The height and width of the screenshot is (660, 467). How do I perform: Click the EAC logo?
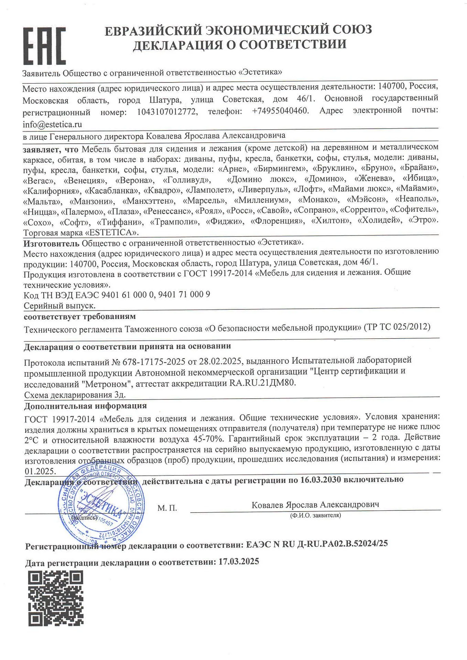[x=44, y=46]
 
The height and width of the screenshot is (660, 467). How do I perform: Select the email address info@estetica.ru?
[x=52, y=124]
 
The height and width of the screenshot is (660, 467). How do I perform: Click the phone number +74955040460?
[x=280, y=111]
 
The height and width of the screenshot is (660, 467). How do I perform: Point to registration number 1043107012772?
[x=167, y=112]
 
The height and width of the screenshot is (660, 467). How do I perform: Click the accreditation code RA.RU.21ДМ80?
[x=262, y=383]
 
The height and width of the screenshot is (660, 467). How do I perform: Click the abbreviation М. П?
[x=167, y=508]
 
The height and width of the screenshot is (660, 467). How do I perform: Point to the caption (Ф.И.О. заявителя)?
[x=315, y=516]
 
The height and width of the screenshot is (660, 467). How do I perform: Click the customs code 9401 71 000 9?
[x=184, y=295]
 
